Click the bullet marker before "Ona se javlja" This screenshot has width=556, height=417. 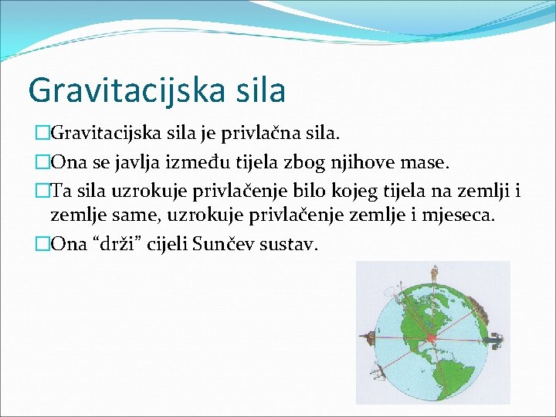click(42, 163)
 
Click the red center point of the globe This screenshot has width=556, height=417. click(432, 337)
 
